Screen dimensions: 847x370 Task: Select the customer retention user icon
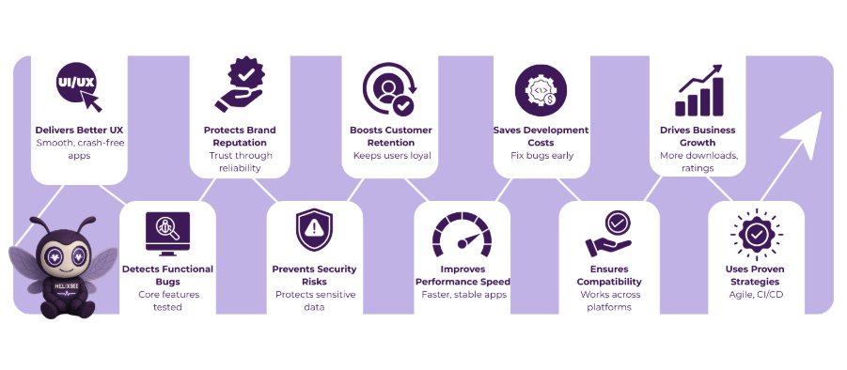tap(389, 87)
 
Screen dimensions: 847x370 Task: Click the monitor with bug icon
tap(167, 234)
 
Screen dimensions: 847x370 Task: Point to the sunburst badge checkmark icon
tap(756, 234)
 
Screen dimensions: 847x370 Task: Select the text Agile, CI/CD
tap(756, 294)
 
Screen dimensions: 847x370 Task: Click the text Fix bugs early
tap(541, 155)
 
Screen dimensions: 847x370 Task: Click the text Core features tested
tap(167, 301)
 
